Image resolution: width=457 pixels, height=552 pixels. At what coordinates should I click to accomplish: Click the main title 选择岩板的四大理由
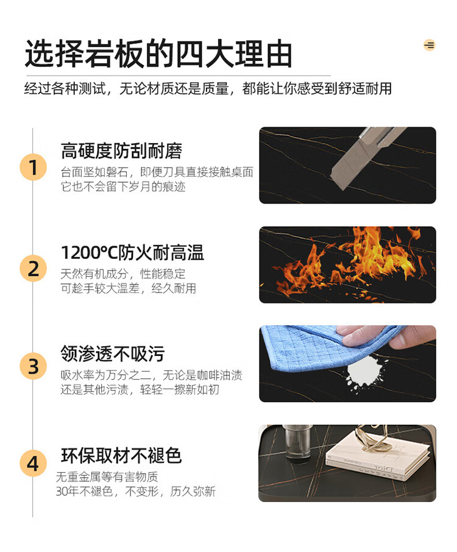tap(158, 54)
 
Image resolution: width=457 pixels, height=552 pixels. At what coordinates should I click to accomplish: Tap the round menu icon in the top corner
tap(429, 45)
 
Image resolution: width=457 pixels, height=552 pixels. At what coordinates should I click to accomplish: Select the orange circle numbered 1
tap(33, 167)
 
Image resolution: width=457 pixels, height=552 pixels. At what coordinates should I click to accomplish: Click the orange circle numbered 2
tap(33, 268)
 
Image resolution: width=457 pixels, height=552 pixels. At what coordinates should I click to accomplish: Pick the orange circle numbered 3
tap(33, 366)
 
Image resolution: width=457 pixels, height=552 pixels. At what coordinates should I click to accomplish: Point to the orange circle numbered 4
tap(33, 463)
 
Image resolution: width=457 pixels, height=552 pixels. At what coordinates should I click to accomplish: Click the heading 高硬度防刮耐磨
tap(121, 151)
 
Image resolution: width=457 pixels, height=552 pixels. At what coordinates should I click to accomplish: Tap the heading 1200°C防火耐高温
tap(132, 252)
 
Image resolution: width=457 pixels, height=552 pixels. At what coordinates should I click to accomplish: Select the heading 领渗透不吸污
tap(113, 353)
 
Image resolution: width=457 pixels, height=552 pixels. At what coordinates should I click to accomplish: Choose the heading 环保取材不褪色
tap(121, 456)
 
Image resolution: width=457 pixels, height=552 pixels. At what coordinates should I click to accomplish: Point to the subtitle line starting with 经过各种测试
tap(208, 88)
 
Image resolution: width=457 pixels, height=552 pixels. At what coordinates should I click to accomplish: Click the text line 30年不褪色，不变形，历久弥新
tap(135, 491)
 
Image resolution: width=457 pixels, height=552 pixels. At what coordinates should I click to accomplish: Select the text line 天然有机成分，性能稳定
tap(123, 274)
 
